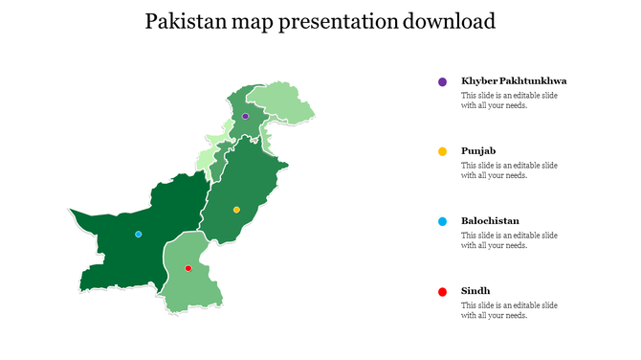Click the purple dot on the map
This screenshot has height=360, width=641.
[x=245, y=116]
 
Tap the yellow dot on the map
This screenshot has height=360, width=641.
[x=236, y=210]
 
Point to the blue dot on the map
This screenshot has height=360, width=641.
[x=139, y=234]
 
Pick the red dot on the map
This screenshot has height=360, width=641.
[x=188, y=269]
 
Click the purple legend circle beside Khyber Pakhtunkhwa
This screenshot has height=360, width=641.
[x=442, y=82]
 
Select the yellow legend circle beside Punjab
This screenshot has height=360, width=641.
[x=442, y=151]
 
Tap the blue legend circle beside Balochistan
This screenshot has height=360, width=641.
[x=442, y=221]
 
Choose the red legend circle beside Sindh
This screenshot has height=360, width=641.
[x=442, y=291]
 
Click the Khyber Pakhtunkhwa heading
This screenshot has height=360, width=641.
[x=513, y=81]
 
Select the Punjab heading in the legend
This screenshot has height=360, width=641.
[x=478, y=151]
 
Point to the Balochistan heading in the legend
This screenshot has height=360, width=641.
[x=490, y=221]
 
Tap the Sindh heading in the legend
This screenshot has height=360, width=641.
[x=475, y=291]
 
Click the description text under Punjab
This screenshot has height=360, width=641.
[x=509, y=170]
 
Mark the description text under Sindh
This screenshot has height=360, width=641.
[x=509, y=310]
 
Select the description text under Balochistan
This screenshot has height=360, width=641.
[x=509, y=240]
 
